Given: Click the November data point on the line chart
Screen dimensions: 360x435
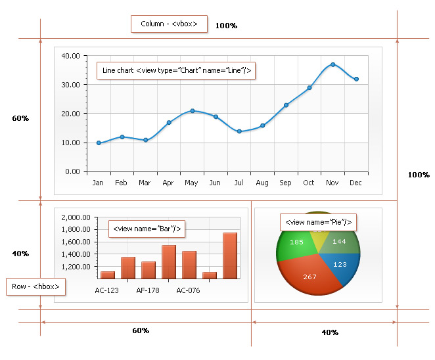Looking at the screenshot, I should [x=333, y=64].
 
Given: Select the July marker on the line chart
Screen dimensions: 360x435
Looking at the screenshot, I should [x=239, y=131].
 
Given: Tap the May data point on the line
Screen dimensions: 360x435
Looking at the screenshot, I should [x=193, y=111].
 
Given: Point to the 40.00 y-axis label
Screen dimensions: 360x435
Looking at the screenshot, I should [x=70, y=56].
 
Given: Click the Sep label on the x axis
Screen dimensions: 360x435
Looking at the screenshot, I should [x=286, y=183].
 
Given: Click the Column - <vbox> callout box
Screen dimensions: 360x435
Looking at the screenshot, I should [x=169, y=24].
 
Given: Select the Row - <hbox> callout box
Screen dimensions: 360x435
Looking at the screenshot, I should [x=35, y=287].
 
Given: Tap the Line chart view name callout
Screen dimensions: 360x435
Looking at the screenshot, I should [x=175, y=70].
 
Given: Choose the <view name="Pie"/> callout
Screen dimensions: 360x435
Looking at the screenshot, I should [x=318, y=223].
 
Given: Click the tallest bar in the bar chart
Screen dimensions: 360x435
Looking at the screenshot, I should [x=230, y=256].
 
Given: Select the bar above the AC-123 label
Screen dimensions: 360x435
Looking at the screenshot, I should [x=108, y=275].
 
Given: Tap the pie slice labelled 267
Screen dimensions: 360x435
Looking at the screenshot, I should [x=309, y=277].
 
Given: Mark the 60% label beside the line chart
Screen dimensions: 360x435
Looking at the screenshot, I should [x=20, y=118].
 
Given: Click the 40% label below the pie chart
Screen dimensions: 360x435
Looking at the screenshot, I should [x=330, y=332].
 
